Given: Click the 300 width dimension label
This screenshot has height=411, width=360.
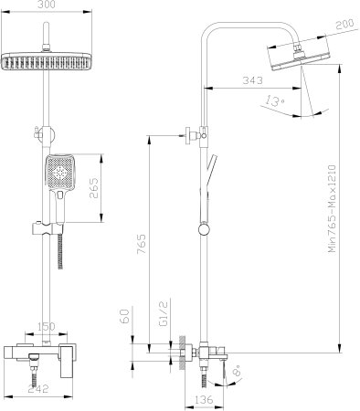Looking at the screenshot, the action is pos(47,5).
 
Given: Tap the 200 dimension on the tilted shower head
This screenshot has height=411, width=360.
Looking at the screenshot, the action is pos(345,24).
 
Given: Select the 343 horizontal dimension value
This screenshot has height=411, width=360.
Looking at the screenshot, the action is pos(252,80).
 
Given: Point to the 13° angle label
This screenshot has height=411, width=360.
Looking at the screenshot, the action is pos(274,100).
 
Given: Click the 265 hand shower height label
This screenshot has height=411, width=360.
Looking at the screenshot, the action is pos(94,188).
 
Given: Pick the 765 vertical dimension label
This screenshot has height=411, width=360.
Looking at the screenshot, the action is pos(141,244).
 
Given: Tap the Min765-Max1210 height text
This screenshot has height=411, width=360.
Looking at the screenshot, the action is pos(332,208).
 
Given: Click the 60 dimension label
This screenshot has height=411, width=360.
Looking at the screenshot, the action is pos(125,315).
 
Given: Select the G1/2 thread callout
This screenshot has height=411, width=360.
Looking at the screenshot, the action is pos(164,314).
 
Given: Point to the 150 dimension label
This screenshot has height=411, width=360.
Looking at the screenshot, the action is pos(47,327).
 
